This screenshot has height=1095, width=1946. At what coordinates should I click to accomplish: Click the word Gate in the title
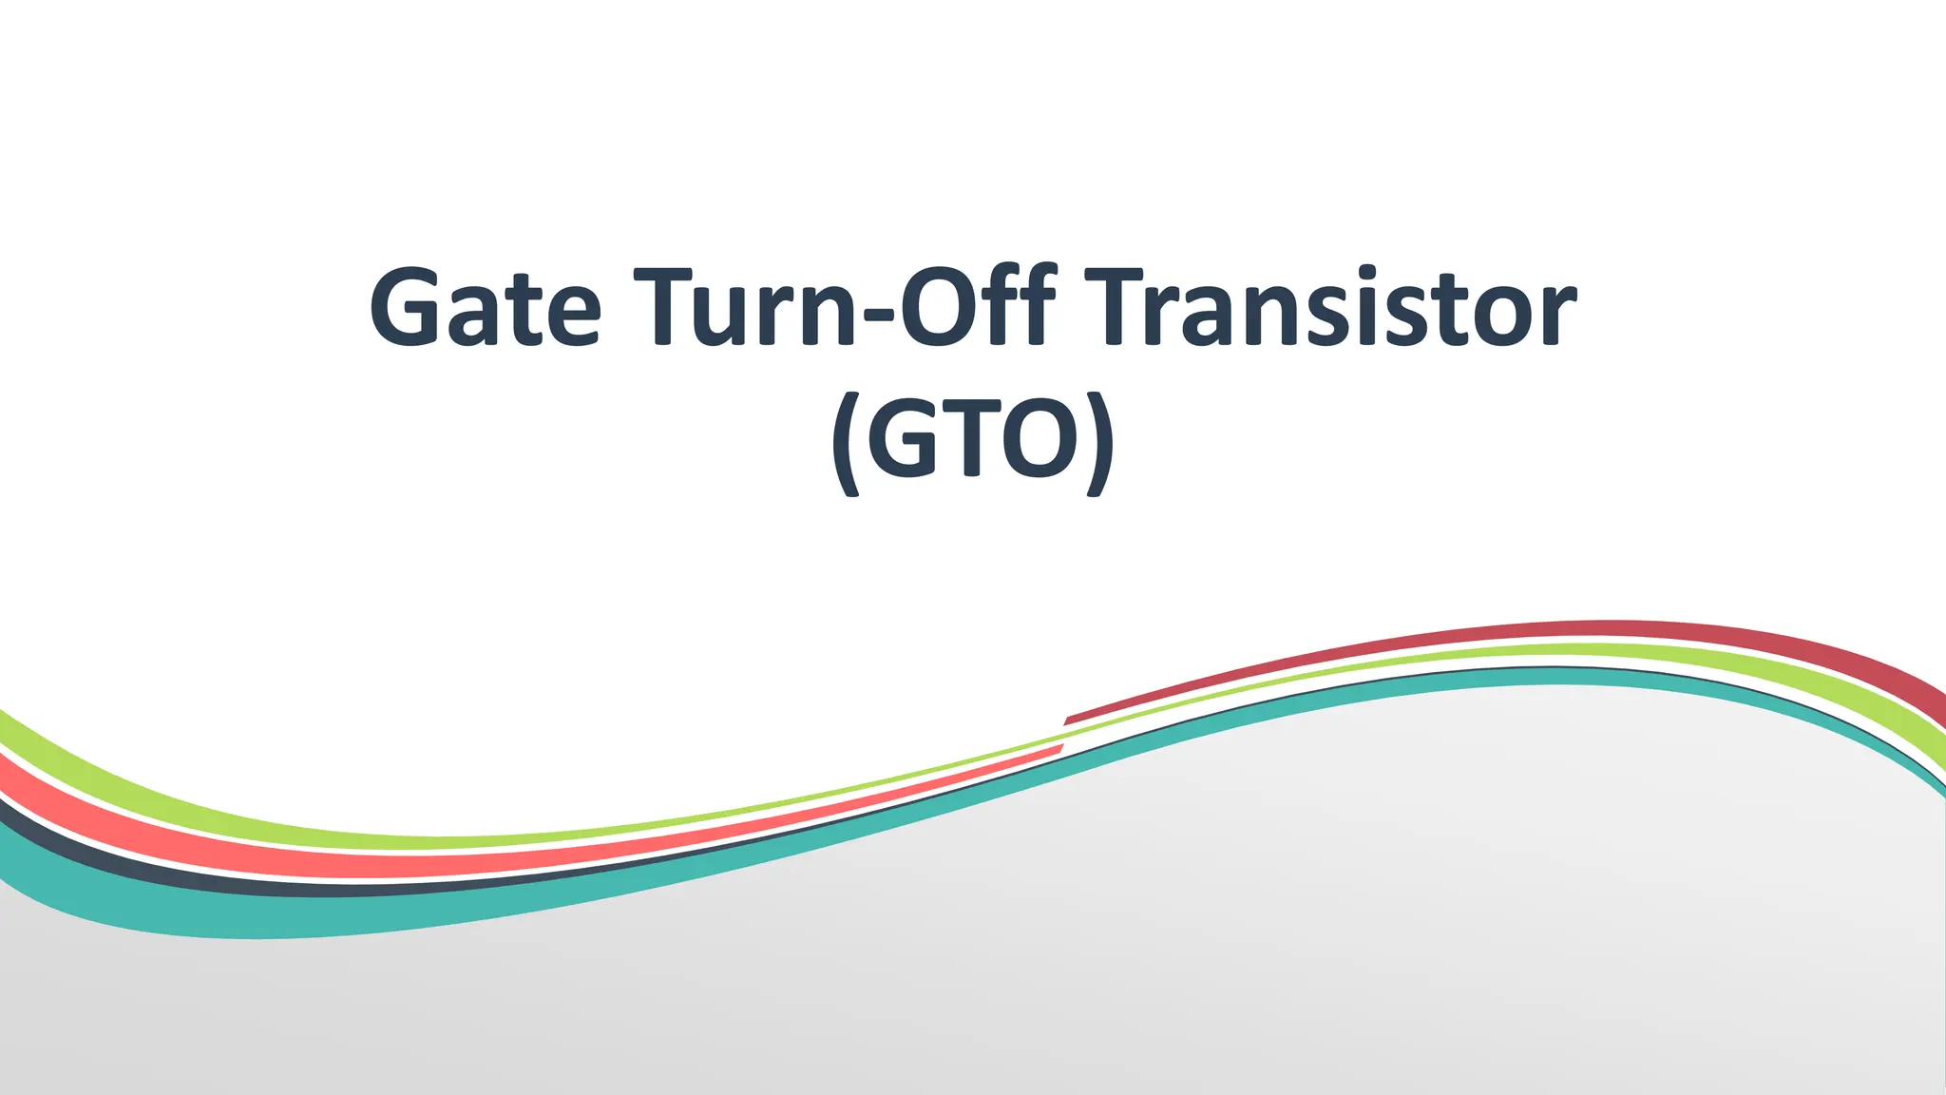point(485,306)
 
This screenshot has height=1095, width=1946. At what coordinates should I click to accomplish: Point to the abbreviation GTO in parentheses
point(972,439)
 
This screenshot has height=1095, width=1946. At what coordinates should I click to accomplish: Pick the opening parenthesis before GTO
point(846,443)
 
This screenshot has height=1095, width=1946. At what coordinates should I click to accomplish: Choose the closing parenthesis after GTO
point(1098,443)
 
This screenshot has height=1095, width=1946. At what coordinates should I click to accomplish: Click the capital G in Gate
point(404,306)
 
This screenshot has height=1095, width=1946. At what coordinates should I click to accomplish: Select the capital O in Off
point(937,306)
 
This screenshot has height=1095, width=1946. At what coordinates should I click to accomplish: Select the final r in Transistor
point(1558,316)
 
